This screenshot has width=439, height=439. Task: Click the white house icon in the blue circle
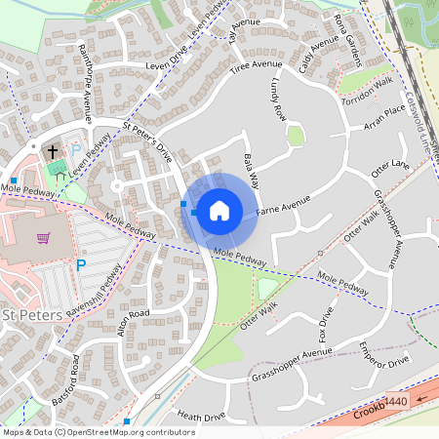click(219, 210)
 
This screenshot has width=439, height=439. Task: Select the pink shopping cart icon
click(43, 237)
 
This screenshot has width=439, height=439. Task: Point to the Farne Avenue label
click(283, 206)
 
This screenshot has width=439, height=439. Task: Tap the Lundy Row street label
click(280, 100)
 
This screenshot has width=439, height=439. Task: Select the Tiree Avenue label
click(262, 67)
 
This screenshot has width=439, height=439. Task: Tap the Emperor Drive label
click(384, 355)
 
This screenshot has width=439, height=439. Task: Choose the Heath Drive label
click(201, 417)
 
